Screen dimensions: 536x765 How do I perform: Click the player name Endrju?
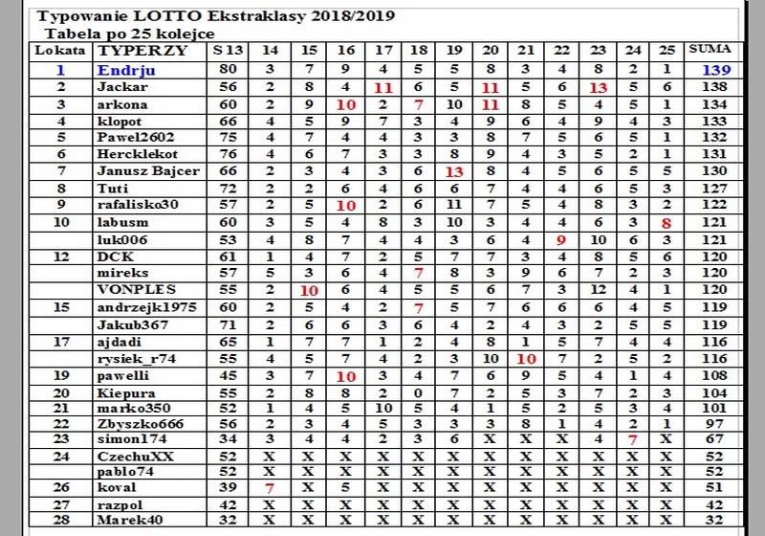point(126,70)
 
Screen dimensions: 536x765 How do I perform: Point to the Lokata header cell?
point(59,50)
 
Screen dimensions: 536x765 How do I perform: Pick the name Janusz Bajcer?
point(148,171)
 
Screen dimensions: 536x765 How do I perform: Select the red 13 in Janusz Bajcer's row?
point(454,171)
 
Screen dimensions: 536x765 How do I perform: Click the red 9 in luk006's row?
point(562,239)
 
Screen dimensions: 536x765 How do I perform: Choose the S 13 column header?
point(228,50)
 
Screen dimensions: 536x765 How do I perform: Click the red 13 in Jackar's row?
point(598,87)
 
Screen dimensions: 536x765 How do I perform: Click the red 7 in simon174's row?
point(632,439)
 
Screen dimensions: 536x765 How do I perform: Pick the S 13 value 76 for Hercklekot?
point(228,154)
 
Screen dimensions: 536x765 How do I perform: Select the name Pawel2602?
point(136,138)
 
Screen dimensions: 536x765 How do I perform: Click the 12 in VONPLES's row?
point(598,289)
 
